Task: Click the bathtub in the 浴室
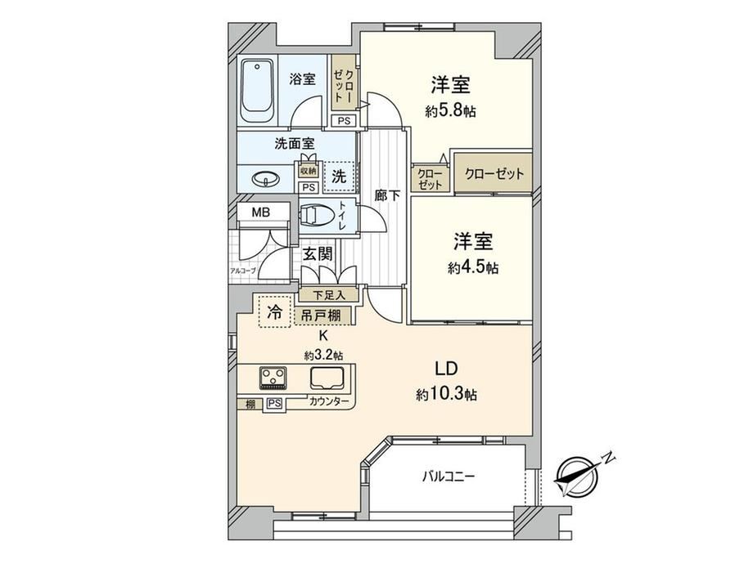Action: point(257,91)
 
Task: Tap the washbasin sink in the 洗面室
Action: point(264,180)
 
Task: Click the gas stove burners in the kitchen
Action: point(273,377)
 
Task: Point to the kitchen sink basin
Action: point(327,378)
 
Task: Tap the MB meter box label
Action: point(261,212)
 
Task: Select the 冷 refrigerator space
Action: point(275,311)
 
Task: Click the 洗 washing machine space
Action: point(339,176)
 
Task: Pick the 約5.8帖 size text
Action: point(450,111)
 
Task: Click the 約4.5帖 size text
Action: point(473,267)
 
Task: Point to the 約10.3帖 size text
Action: point(447,395)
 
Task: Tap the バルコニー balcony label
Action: point(449,477)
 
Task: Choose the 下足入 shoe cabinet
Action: point(329,294)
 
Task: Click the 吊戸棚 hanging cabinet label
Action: point(322,316)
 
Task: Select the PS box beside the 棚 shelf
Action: point(275,404)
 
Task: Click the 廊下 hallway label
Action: point(387,195)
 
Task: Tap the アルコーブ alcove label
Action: point(243,271)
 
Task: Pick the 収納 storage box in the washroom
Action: point(309,171)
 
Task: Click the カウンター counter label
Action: point(329,402)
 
